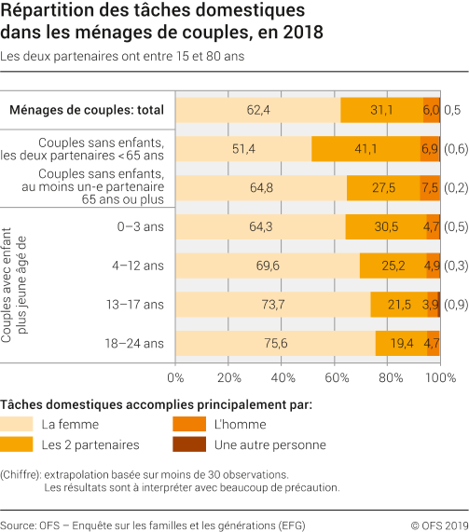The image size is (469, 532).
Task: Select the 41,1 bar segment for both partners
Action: pyautogui.click(x=366, y=149)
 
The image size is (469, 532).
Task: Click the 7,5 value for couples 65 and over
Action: pyautogui.click(x=430, y=187)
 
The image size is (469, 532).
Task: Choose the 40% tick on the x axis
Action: pyautogui.click(x=282, y=378)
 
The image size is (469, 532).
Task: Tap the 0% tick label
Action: pyautogui.click(x=175, y=378)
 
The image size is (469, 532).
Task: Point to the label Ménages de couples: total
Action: pyautogui.click(x=87, y=110)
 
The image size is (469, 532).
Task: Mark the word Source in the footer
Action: pyautogui.click(x=18, y=523)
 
